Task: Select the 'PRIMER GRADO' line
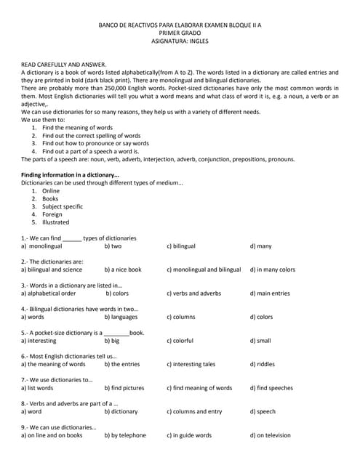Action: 179,33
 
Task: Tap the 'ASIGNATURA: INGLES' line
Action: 179,41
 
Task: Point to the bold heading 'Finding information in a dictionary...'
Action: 70,175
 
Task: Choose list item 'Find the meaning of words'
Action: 77,128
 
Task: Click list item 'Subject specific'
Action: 63,206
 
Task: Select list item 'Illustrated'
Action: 55,222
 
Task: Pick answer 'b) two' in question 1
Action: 113,246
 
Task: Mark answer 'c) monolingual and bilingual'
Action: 204,270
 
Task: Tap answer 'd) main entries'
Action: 270,294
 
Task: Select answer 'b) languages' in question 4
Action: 121,317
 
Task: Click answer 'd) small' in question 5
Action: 260,341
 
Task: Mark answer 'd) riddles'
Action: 263,364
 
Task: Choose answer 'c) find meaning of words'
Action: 199,388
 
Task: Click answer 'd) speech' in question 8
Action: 263,411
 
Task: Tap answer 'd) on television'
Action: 270,435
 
